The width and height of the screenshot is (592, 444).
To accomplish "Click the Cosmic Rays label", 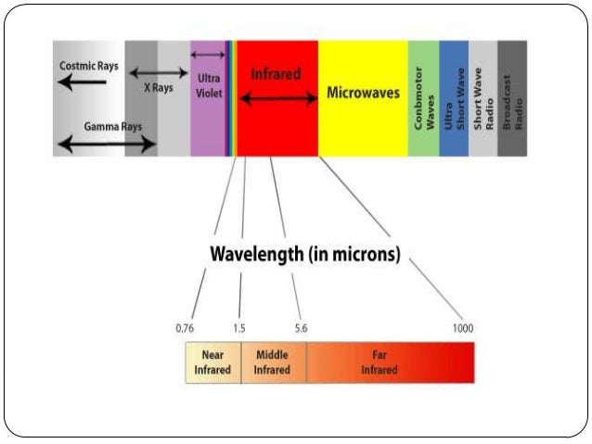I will point(89,66).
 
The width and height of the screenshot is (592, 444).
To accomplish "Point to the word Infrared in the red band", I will point(276,73).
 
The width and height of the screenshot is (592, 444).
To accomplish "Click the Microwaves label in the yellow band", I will point(363,94).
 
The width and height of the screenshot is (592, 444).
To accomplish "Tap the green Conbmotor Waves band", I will point(423,97).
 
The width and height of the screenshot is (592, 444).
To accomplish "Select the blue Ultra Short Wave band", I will point(454,97).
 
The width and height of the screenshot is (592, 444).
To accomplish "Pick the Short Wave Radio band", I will point(483,97).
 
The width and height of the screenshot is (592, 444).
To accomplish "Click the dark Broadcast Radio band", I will point(512,97).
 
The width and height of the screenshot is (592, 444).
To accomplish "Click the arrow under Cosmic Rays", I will point(82,82).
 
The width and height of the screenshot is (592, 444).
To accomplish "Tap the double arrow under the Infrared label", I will point(275,97).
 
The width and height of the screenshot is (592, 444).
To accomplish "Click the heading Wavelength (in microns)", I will point(305,254).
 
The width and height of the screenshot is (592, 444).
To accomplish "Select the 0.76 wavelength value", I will point(184,328).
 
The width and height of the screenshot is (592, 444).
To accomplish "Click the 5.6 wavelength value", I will point(300,328).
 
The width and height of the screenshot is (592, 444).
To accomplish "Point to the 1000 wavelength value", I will point(462,328).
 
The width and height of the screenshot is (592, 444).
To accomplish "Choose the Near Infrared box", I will point(212,362).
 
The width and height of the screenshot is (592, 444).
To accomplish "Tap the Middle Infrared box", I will point(273,362).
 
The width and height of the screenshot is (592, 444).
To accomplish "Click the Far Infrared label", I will point(380,362).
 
